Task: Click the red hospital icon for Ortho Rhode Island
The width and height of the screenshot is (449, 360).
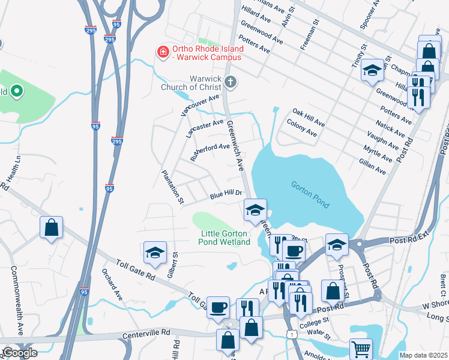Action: [162, 53]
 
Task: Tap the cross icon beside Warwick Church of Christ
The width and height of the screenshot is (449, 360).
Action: [230, 81]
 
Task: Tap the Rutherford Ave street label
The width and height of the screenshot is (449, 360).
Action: [209, 151]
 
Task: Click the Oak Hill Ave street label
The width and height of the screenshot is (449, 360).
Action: [309, 118]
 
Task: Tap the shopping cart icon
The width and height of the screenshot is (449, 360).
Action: [361, 348]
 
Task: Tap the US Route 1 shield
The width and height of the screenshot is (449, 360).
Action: [291, 334]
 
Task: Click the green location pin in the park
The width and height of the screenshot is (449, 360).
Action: [17, 92]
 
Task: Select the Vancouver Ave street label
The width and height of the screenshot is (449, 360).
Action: [200, 104]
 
